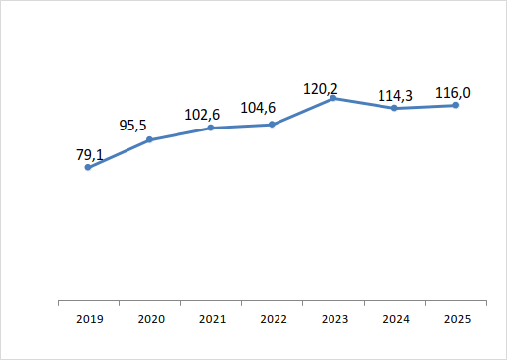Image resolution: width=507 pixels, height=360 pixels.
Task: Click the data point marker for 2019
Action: coord(88,167)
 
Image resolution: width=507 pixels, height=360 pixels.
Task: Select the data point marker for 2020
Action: coord(150,139)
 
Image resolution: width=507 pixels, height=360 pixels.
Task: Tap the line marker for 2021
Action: coord(211,128)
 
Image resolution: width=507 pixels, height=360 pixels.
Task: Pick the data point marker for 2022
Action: coord(272,125)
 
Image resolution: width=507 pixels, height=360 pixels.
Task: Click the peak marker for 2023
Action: coord(333,98)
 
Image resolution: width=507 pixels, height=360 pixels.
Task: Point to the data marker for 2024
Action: coord(394,108)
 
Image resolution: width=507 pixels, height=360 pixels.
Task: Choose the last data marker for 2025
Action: coord(456,105)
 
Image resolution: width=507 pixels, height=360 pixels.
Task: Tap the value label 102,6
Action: coord(203,114)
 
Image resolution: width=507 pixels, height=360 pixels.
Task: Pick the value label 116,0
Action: coord(452,93)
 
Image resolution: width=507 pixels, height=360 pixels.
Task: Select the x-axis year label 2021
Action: coord(211,319)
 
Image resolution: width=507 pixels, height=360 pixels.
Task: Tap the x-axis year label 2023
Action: coord(333,319)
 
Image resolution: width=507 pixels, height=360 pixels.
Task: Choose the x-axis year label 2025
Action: coord(456,319)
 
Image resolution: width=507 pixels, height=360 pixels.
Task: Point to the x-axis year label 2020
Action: coord(150,319)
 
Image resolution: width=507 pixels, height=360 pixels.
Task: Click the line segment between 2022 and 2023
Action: coord(303,111)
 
